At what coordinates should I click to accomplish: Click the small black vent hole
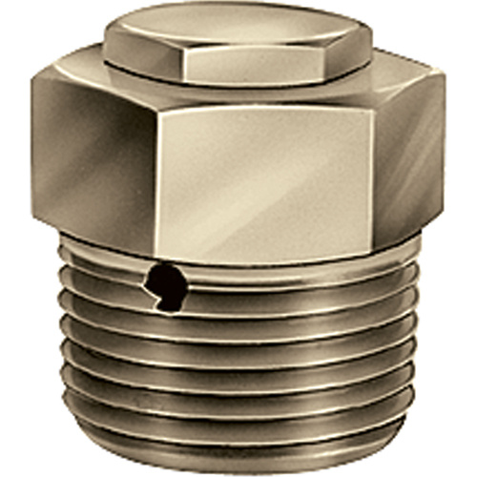tap(164, 283)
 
